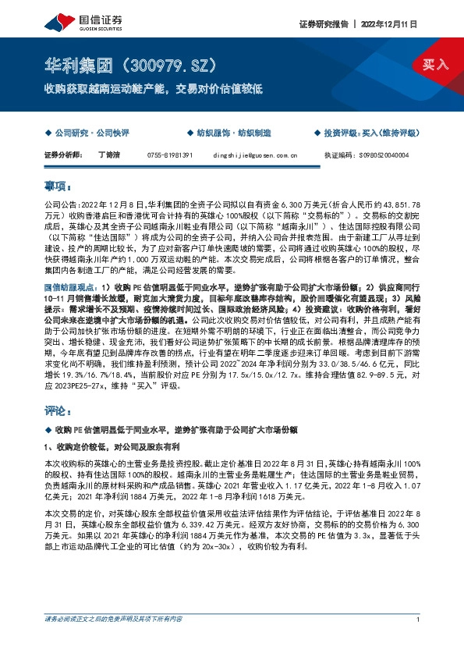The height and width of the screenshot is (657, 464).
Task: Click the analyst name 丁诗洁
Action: point(110,155)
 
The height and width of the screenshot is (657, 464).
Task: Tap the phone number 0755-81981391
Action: point(170,155)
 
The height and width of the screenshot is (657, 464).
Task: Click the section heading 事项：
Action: point(58,186)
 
